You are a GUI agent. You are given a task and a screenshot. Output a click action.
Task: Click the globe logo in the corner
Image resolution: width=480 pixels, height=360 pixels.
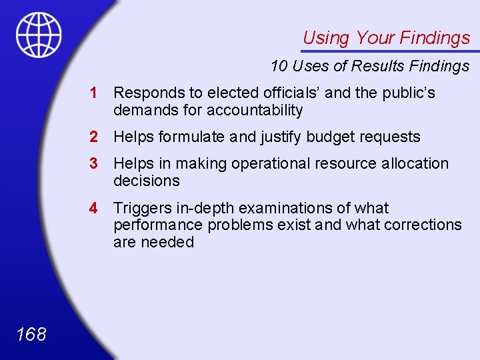pos(39,35)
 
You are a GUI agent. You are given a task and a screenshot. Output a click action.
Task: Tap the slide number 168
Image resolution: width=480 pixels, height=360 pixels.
pos(31,334)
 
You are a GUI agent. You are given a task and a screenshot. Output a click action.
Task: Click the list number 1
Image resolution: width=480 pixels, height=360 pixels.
pos(95,93)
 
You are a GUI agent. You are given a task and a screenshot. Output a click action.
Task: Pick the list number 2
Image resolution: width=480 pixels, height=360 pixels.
pos(95,137)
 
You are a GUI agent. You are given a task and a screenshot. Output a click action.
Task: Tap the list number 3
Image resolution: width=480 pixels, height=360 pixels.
pos(95,163)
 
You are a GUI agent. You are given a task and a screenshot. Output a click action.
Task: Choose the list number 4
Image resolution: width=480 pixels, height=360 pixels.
pos(95,208)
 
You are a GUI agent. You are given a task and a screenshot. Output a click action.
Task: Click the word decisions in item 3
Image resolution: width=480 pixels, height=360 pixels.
pos(147,181)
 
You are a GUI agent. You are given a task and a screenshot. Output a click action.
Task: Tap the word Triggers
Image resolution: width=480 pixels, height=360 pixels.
pos(141,209)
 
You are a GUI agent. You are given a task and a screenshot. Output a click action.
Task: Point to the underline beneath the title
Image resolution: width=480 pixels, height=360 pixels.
pos(390,51)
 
